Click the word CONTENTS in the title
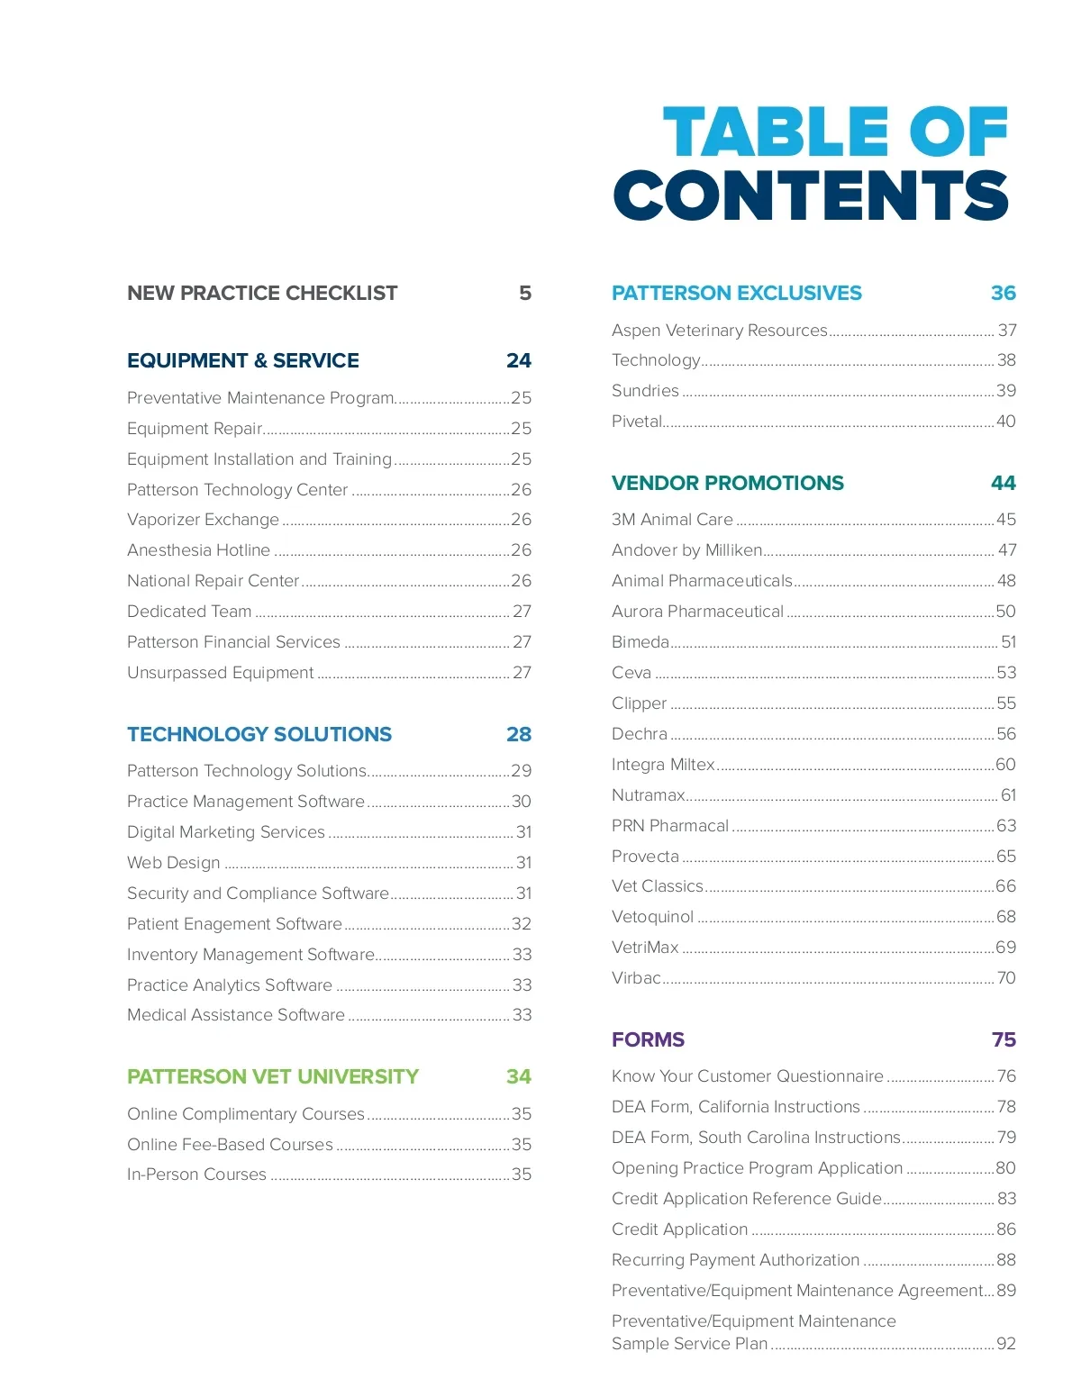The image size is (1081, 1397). pos(811,195)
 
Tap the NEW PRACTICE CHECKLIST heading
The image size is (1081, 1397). pos(262,294)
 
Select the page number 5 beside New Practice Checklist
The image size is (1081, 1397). pos(524,294)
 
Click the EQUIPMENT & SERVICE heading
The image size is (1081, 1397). pos(243,361)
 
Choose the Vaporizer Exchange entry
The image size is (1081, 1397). pos(204,520)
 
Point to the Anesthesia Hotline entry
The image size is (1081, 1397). pos(199,550)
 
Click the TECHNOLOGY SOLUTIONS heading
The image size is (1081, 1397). pos(259,735)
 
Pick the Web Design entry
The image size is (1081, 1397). pos(174,863)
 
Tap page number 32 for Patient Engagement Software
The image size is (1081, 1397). pos(522,924)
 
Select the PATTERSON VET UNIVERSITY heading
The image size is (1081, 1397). pos(273,1077)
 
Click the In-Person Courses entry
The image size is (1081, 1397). pos(197,1175)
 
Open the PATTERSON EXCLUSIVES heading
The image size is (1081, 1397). pos(737,294)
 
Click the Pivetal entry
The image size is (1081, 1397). pos(637,422)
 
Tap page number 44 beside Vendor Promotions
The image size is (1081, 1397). pos(1004,484)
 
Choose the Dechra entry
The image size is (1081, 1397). pos(640,734)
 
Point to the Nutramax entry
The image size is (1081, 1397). pos(649,795)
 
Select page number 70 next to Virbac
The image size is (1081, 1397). pos(1006,978)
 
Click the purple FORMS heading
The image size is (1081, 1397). pos(649,1040)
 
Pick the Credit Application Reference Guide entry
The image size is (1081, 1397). pos(747,1199)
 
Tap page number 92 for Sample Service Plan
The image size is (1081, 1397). pos(1006,1344)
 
